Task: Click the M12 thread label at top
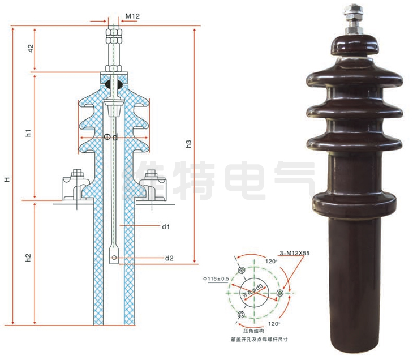pyautogui.click(x=132, y=16)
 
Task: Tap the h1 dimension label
pyautogui.click(x=28, y=134)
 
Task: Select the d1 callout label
pyautogui.click(x=166, y=226)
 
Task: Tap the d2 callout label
pyautogui.click(x=169, y=259)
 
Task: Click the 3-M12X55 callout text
pyautogui.click(x=295, y=253)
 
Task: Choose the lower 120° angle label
pyautogui.click(x=274, y=323)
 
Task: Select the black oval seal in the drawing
pyautogui.click(x=109, y=84)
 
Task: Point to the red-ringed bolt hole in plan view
pyautogui.click(x=280, y=293)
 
